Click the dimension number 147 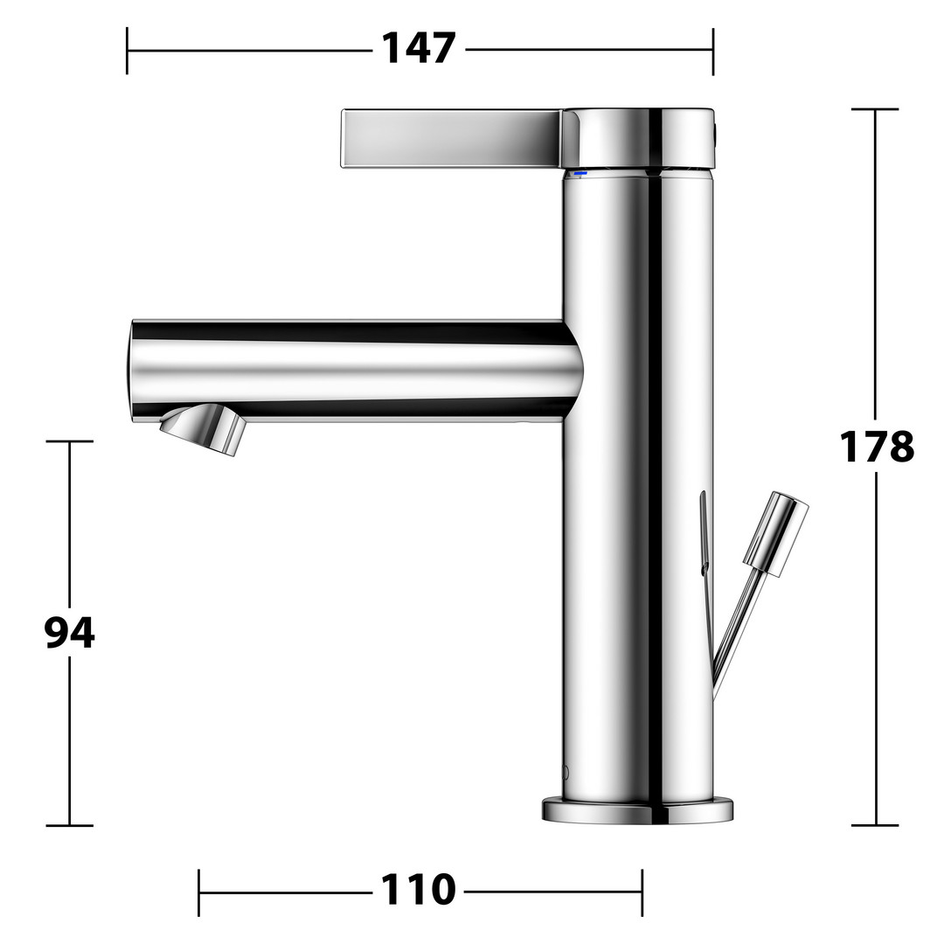pos(419,48)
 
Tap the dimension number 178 pos(877,447)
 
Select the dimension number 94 pos(70,633)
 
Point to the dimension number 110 pos(419,890)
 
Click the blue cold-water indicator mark pos(580,174)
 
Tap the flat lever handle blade pos(452,138)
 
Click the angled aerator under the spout pos(204,429)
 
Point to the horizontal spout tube pos(355,371)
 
